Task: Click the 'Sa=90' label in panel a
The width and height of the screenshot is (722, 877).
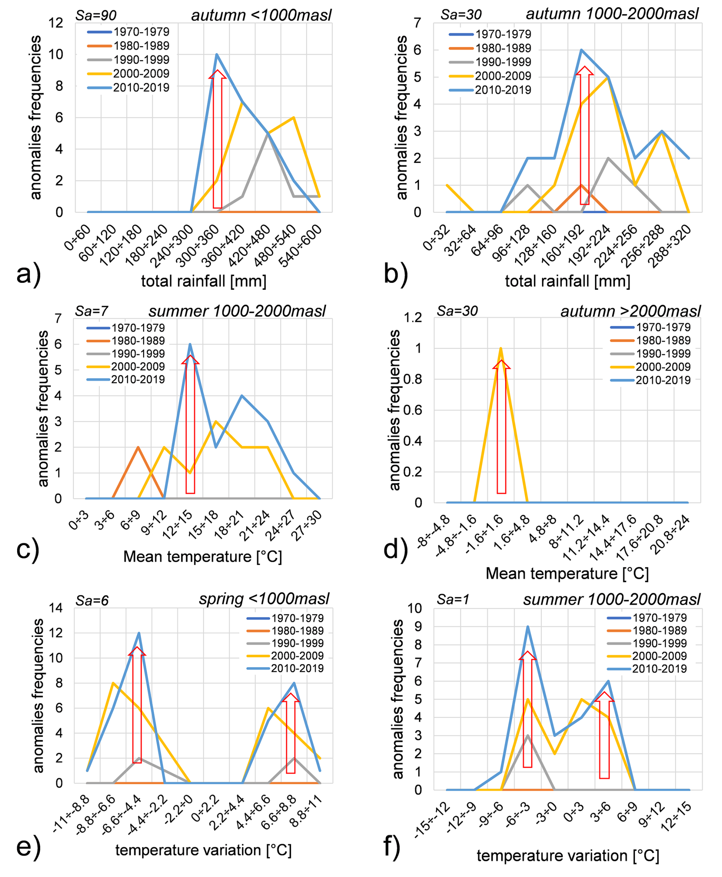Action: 96,15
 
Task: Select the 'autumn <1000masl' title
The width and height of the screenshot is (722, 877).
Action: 261,15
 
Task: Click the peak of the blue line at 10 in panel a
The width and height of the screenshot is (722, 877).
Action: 217,54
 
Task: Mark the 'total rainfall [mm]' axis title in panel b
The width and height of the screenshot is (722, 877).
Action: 567,281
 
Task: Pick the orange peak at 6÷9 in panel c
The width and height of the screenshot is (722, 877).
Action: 138,447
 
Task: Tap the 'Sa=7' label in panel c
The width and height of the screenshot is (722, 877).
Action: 92,311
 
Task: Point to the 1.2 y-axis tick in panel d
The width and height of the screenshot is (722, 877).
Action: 413,318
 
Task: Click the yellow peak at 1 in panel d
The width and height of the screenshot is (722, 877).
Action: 501,348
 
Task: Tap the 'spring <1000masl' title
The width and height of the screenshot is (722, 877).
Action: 264,599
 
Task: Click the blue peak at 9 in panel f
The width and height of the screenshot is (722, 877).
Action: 528,626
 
